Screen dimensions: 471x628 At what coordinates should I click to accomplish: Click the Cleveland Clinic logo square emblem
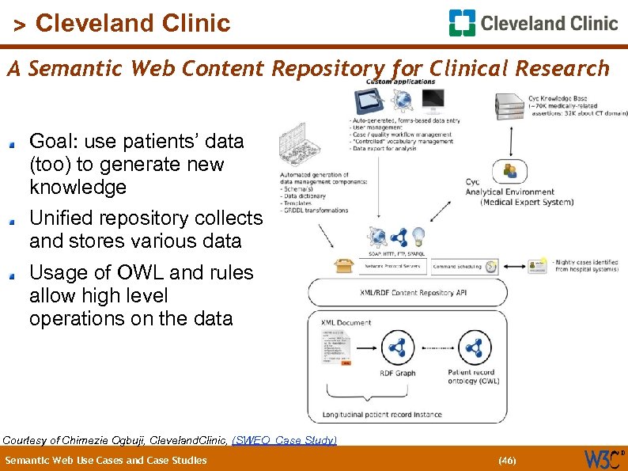point(462,23)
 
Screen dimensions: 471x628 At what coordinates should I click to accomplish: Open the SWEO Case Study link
point(284,439)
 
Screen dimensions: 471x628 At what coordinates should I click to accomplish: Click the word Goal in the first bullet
point(51,142)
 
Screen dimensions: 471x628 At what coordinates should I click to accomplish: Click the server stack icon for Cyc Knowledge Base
point(509,107)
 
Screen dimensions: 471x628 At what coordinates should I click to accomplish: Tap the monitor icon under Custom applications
point(432,101)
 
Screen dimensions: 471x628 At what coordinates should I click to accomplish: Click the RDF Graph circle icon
point(398,348)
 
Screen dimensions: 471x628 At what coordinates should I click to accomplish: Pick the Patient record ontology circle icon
point(474,348)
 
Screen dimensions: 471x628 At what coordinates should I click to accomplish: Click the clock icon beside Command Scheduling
point(492,267)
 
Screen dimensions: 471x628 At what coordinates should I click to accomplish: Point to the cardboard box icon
point(343,266)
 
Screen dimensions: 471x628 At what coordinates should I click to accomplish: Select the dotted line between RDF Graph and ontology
point(436,348)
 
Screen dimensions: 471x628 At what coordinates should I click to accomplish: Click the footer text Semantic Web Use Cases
point(106,460)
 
